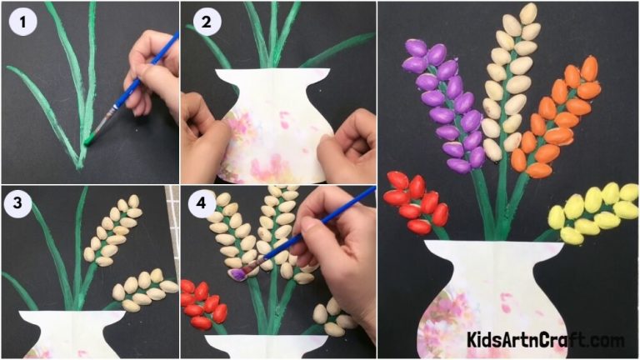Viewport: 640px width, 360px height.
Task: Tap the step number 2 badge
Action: (204, 23)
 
